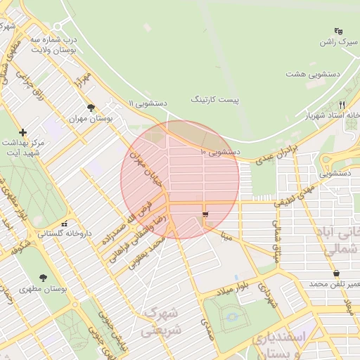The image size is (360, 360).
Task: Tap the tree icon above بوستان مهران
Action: coord(91,108)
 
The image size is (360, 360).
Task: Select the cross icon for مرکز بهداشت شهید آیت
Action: coord(23,132)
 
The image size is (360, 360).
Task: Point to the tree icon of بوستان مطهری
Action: coord(44,278)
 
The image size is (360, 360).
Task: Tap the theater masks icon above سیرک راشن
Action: coord(338,31)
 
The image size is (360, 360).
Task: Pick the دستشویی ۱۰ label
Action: coord(221,151)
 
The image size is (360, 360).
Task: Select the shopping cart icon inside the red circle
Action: coord(205,215)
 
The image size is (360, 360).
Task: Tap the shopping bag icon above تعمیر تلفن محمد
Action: coord(336,273)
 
